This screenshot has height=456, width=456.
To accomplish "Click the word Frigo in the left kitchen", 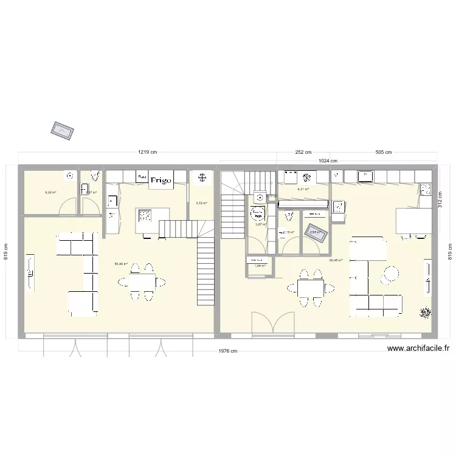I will (161, 180).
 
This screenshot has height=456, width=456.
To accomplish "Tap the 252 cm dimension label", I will (303, 152).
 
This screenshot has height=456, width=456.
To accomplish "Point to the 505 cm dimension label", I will (384, 152).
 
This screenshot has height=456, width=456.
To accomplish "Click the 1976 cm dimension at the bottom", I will (228, 351).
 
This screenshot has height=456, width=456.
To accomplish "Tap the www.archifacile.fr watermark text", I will (418, 349).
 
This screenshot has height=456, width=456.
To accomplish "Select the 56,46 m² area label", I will (121, 264).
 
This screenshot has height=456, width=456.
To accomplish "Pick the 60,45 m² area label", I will (336, 260).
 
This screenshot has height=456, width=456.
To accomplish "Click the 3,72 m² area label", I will (201, 204).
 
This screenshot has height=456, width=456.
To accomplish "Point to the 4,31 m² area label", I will (303, 189).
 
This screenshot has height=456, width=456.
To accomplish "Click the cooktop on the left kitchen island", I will (145, 215).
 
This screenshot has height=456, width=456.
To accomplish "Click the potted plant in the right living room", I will (424, 313).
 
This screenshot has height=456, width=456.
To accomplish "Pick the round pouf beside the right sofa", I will (390, 275).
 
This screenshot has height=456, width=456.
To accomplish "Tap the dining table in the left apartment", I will (142, 282).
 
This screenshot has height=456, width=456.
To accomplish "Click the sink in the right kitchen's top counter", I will (367, 176).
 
